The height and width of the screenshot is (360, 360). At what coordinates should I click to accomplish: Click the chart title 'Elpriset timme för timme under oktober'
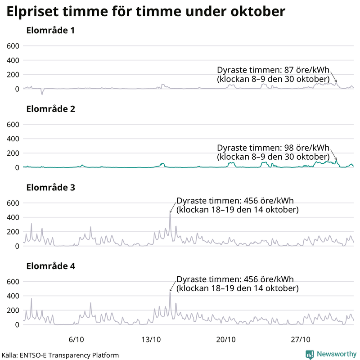(146, 12)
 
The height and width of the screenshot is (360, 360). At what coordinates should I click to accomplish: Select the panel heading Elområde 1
(50, 31)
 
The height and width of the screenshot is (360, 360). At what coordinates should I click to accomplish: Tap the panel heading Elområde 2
(50, 109)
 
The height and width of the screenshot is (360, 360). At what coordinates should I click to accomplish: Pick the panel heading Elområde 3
(50, 188)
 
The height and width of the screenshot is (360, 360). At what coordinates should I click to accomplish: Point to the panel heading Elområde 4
(50, 266)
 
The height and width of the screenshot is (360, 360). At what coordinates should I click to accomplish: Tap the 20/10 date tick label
(226, 338)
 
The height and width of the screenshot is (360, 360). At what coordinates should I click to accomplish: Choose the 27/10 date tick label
(301, 338)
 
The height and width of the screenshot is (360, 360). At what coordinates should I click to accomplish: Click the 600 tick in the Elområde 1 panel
(12, 46)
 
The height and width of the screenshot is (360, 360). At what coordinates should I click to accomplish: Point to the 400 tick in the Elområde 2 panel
(12, 139)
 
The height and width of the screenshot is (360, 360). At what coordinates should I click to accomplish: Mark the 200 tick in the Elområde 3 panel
(12, 232)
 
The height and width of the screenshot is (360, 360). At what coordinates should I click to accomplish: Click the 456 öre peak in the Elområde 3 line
(170, 214)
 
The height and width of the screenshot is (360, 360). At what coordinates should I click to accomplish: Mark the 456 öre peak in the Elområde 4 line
(170, 292)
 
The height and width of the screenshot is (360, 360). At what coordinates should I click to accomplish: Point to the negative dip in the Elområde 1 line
(42, 94)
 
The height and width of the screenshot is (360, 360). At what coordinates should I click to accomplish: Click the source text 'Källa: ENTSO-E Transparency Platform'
(60, 355)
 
